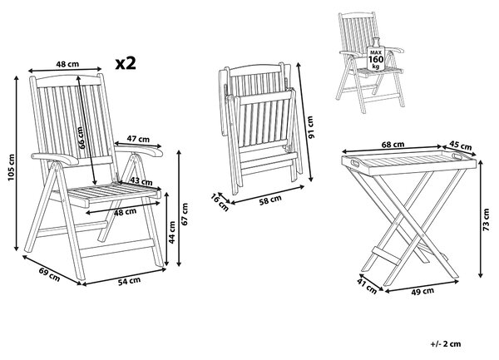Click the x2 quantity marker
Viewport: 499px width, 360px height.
pyautogui.click(x=126, y=63)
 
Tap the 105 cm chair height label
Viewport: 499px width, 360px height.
pyautogui.click(x=11, y=167)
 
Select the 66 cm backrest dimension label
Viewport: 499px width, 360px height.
pyautogui.click(x=81, y=137)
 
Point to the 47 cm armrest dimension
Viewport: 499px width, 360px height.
pyautogui.click(x=138, y=139)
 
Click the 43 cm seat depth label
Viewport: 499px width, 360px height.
pyautogui.click(x=141, y=181)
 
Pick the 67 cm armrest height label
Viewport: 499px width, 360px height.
pyautogui.click(x=185, y=214)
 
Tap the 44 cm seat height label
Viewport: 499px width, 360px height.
pyautogui.click(x=172, y=233)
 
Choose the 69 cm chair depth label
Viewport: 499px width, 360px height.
pyautogui.click(x=49, y=274)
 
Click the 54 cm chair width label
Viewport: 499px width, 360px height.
pyautogui.click(x=129, y=281)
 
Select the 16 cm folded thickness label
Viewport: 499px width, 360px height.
pyautogui.click(x=220, y=202)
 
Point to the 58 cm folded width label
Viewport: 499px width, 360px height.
pyautogui.click(x=270, y=200)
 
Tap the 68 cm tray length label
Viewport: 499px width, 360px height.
pyautogui.click(x=393, y=145)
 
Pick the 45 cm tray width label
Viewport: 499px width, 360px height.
pyautogui.click(x=460, y=145)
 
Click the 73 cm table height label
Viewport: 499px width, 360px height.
pyautogui.click(x=486, y=219)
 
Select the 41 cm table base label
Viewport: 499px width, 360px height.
pyautogui.click(x=367, y=285)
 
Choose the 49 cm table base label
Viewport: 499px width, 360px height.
pyautogui.click(x=422, y=291)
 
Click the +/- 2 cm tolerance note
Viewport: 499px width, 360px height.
pyautogui.click(x=446, y=343)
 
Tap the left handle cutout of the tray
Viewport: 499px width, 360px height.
pyautogui.click(x=354, y=163)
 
